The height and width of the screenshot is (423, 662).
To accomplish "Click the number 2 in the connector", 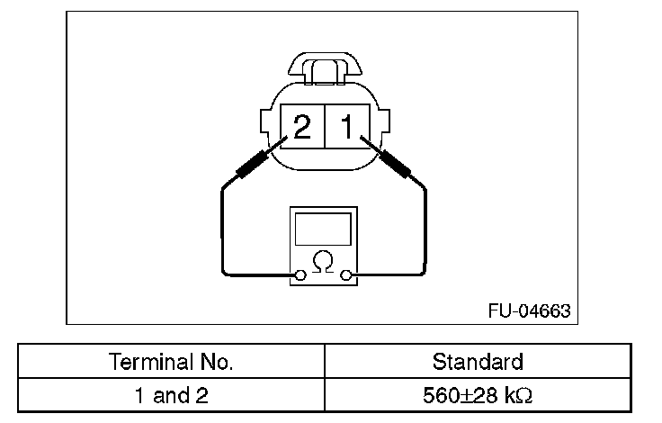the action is pyautogui.click(x=302, y=126).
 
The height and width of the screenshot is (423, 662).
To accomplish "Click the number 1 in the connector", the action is pyautogui.click(x=347, y=126).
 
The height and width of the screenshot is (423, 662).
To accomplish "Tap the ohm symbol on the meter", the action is pyautogui.click(x=323, y=262).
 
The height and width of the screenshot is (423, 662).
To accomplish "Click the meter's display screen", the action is pyautogui.click(x=323, y=229).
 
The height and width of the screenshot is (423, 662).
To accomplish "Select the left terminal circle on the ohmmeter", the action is pyautogui.click(x=300, y=275).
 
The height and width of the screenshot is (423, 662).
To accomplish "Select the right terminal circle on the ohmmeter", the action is pyautogui.click(x=345, y=275).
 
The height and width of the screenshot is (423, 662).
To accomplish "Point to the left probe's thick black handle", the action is pyautogui.click(x=252, y=164).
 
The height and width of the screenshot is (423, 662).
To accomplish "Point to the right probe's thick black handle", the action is pyautogui.click(x=395, y=164).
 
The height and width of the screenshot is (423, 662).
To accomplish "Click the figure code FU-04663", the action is pyautogui.click(x=530, y=311).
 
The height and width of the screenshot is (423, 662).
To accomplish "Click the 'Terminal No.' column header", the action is pyautogui.click(x=171, y=362).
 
